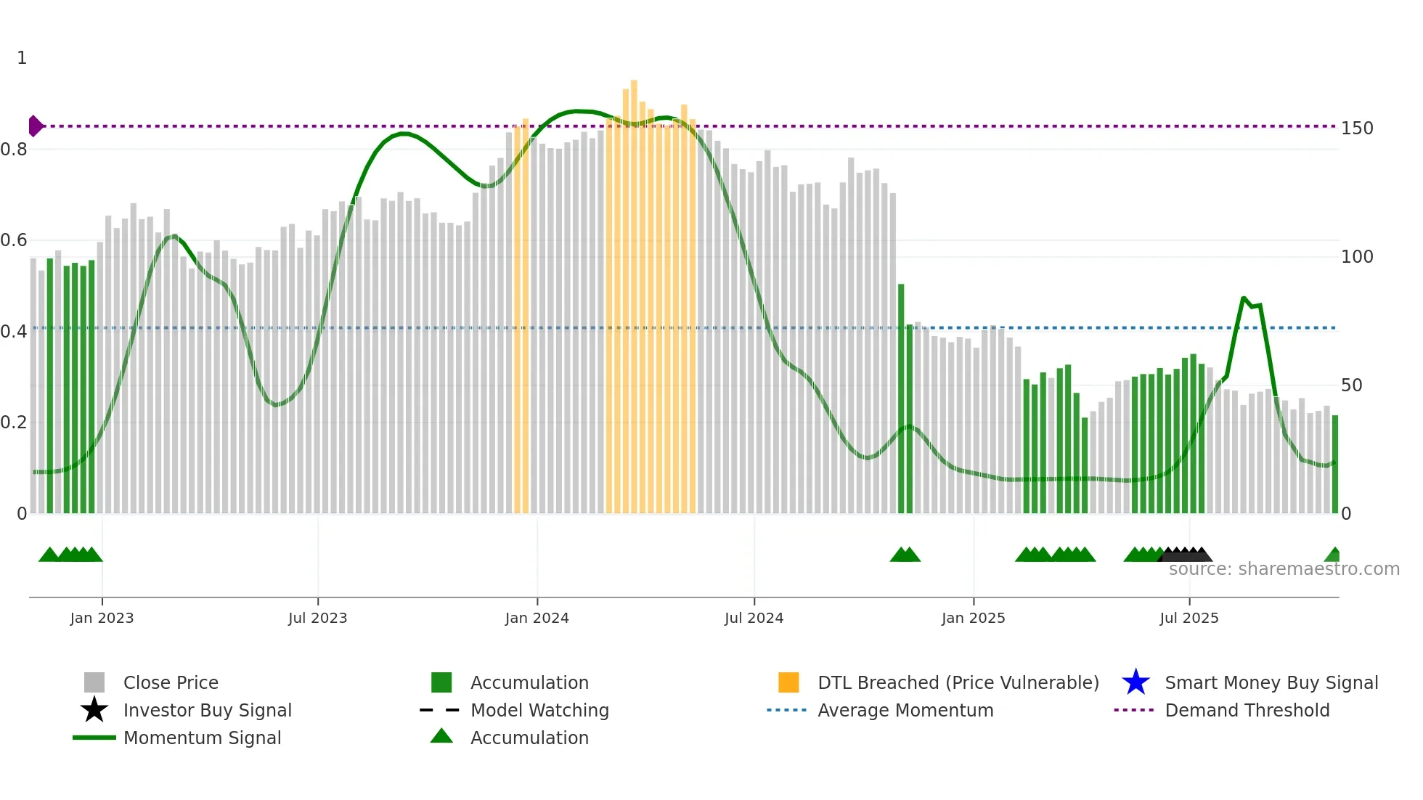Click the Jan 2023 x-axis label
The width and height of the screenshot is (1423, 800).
[102, 618]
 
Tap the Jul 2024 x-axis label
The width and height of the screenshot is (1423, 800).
[754, 618]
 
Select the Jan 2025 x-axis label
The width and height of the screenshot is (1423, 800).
[973, 618]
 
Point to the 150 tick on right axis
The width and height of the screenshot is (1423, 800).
[1356, 128]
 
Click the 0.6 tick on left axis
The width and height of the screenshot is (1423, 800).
[15, 240]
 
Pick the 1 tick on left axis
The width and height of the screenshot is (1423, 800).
[22, 58]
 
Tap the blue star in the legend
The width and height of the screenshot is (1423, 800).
[1135, 682]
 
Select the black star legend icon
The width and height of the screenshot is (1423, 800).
[94, 710]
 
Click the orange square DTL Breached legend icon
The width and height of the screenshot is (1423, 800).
[788, 682]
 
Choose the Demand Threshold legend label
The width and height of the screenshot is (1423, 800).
[1247, 710]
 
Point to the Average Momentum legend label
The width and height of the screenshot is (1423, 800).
[905, 710]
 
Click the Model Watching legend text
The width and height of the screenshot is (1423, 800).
[539, 710]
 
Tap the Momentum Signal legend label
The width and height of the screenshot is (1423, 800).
[202, 738]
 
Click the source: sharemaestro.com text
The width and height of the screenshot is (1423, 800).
[1284, 569]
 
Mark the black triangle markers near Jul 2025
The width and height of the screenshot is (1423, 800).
[1185, 554]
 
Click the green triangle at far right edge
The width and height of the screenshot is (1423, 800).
[1333, 555]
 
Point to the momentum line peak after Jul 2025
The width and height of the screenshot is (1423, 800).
[1244, 298]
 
